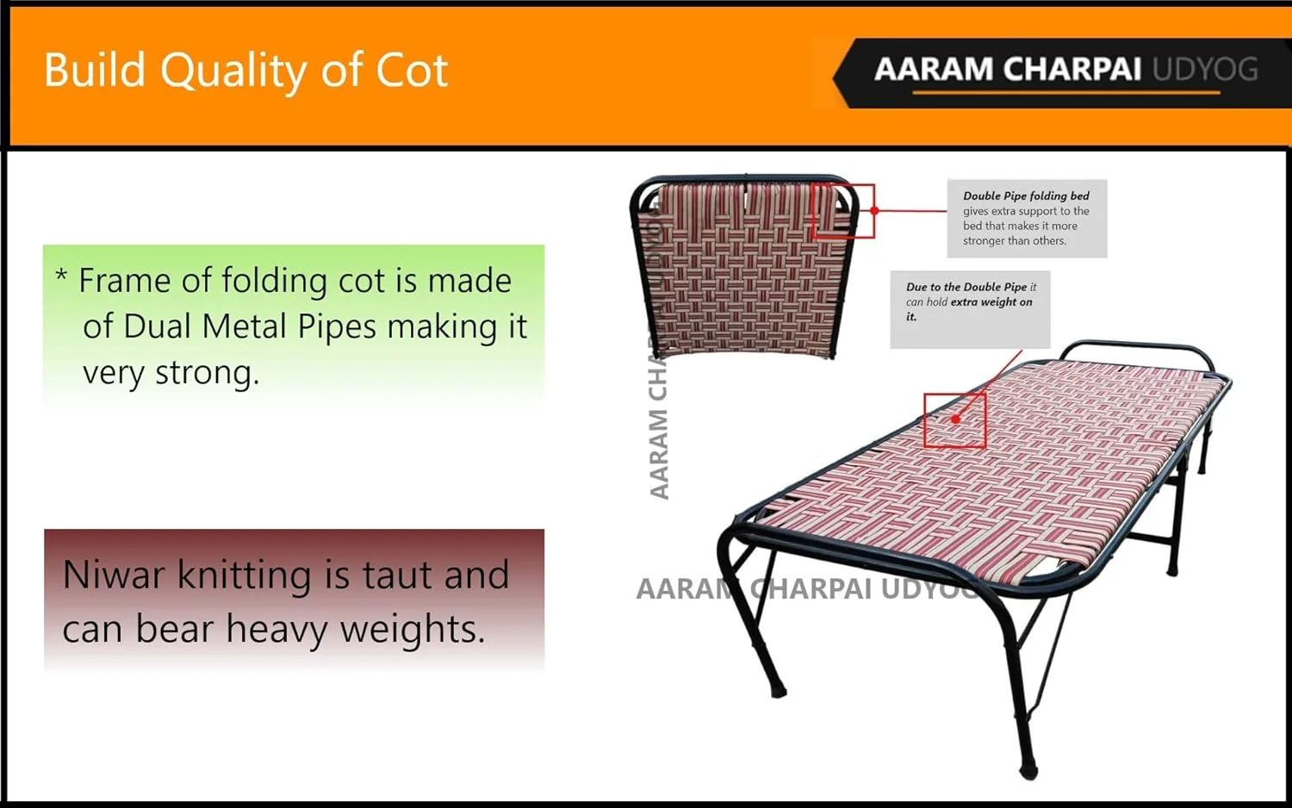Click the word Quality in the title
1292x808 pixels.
click(233, 71)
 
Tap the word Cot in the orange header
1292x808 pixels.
click(412, 71)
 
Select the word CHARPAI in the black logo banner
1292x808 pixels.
click(1071, 69)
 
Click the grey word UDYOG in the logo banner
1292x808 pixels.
click(1205, 69)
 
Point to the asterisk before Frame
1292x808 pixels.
click(61, 275)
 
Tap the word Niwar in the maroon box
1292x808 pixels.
click(114, 575)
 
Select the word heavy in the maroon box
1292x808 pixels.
click(276, 629)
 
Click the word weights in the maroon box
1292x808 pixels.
click(411, 629)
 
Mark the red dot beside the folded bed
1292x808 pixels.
click(874, 210)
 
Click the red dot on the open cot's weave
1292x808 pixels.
click(956, 420)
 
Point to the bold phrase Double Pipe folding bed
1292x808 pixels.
click(1026, 196)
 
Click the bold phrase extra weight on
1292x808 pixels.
click(991, 302)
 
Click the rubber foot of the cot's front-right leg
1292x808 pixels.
click(1029, 770)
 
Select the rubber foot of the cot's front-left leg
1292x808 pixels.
click(778, 689)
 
